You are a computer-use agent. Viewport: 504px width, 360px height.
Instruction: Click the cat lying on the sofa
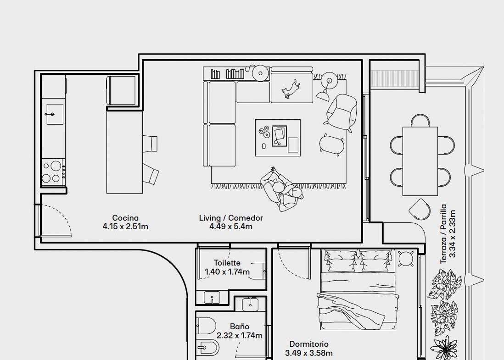point(291,89)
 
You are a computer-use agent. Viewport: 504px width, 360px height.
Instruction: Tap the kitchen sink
point(55,114)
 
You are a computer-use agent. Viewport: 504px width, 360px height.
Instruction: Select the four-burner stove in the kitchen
point(53,172)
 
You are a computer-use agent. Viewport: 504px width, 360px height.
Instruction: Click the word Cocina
point(125,218)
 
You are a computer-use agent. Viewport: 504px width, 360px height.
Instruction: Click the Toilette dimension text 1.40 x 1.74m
point(227,271)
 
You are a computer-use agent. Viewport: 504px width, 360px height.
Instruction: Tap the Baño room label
point(240,327)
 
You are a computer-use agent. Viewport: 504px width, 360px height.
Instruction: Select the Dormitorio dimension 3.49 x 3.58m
point(309,353)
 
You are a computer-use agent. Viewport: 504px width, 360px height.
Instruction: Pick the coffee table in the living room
point(278,138)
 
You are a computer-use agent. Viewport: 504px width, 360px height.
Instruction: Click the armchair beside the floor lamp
point(342,112)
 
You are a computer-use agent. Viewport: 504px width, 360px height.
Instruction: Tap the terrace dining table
point(420,161)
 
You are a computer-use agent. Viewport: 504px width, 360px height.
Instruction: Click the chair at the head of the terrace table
point(420,120)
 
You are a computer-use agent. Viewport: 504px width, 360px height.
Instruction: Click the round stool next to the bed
point(406,258)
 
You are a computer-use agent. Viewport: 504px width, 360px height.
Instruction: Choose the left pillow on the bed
point(341,261)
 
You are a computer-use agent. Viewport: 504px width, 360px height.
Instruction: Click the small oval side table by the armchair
point(332,144)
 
